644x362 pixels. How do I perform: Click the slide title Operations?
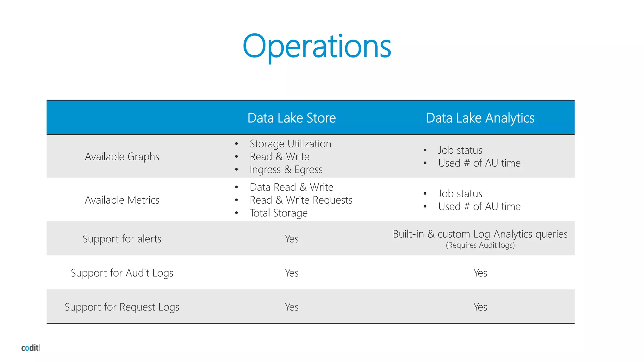317,47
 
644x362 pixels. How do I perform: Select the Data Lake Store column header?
291,118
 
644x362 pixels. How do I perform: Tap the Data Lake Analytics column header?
480,118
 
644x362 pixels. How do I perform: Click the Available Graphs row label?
122,156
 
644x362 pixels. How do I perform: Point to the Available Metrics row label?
122,200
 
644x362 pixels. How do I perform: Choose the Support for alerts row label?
122,239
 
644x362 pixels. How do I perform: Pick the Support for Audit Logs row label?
122,273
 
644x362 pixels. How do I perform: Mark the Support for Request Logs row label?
122,307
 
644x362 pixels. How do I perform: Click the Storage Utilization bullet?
290,144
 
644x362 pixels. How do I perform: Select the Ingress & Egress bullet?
286,169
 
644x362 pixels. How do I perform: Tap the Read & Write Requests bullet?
301,200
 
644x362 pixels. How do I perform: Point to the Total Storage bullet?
279,213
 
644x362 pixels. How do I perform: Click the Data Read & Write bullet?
291,187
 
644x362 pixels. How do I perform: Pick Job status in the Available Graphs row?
460,150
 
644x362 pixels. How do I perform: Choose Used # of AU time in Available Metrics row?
479,206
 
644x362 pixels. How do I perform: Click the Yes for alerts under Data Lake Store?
291,239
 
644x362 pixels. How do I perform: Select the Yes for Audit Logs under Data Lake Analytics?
480,273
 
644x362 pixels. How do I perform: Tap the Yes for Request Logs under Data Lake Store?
291,307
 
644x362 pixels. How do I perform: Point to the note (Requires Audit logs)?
480,245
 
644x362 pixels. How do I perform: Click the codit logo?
30,348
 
